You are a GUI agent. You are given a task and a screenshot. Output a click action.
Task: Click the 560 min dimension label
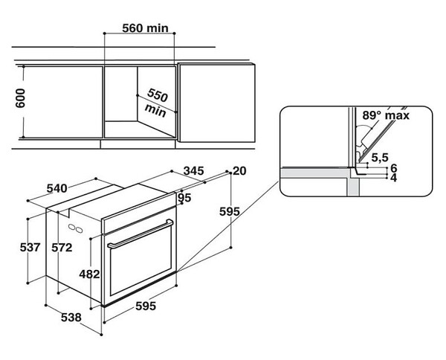(x=146, y=28)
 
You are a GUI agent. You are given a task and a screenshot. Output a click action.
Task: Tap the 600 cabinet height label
(x=20, y=98)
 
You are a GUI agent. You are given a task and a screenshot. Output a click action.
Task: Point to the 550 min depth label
(x=156, y=103)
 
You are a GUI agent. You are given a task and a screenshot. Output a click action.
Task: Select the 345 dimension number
(x=193, y=171)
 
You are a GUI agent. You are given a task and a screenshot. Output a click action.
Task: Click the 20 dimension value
(x=239, y=171)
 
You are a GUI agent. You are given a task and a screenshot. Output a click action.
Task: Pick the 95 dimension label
(x=184, y=198)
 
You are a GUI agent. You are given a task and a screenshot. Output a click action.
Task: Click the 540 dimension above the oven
(x=57, y=188)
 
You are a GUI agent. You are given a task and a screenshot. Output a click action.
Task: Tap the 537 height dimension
(x=30, y=247)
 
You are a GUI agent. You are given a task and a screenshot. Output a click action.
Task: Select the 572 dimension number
(x=62, y=248)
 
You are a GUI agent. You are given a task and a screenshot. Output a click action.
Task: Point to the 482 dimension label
(x=89, y=274)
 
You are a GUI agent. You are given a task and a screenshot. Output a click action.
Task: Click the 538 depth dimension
(x=71, y=318)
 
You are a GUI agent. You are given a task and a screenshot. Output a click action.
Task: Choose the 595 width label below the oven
(x=146, y=306)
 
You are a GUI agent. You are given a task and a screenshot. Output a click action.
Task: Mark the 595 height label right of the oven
(x=230, y=211)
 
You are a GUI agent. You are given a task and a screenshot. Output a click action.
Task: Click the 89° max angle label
(x=386, y=115)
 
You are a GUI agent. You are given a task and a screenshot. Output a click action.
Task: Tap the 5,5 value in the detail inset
(x=380, y=157)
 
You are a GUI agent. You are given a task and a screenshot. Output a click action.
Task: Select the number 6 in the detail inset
(x=394, y=168)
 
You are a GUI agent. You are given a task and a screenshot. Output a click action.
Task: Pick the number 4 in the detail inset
(x=394, y=178)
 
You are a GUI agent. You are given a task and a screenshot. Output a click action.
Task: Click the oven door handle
(x=140, y=234)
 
